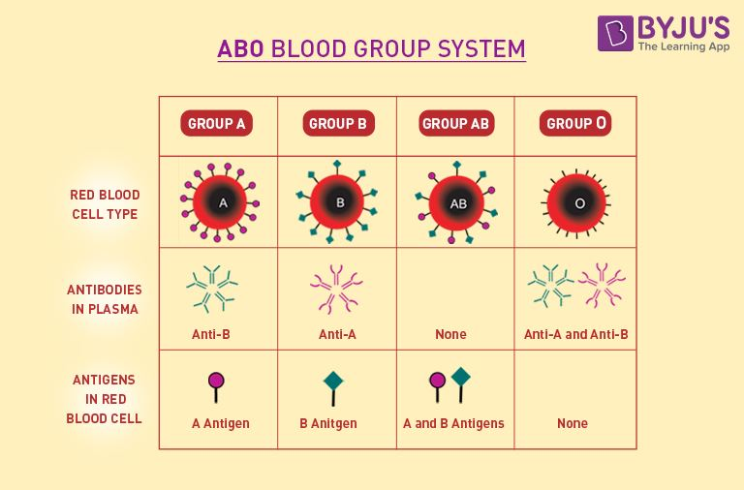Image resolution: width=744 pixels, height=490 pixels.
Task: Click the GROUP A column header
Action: tap(217, 124)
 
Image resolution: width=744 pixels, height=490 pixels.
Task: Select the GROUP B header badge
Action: tap(337, 124)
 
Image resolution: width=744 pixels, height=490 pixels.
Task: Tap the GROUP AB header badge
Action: tap(456, 124)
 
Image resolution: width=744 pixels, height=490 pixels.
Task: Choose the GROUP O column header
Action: tap(576, 124)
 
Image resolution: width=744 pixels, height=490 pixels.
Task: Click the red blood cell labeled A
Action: tap(223, 203)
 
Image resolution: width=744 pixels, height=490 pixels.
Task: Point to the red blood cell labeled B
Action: tap(340, 203)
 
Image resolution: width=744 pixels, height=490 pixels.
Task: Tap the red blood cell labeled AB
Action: tap(458, 204)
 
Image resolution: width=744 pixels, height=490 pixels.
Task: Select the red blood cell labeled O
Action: tap(579, 204)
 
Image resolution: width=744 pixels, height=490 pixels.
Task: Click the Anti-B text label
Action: tap(210, 334)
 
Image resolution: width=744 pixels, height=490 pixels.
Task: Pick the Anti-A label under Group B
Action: tap(337, 334)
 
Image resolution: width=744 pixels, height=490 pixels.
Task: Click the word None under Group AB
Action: tap(450, 334)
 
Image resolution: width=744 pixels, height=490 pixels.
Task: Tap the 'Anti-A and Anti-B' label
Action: tap(576, 334)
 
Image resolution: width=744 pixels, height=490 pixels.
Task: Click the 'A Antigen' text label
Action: tap(220, 423)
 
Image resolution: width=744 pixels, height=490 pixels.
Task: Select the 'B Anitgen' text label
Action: tap(328, 423)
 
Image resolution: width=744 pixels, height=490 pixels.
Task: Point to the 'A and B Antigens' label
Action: tap(453, 423)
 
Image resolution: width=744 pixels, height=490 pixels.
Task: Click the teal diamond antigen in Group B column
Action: tap(334, 382)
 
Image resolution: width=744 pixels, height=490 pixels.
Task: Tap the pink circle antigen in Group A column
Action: tap(216, 380)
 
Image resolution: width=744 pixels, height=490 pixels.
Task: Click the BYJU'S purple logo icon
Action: tap(615, 33)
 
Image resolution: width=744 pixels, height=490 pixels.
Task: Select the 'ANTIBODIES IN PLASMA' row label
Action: tap(105, 299)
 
